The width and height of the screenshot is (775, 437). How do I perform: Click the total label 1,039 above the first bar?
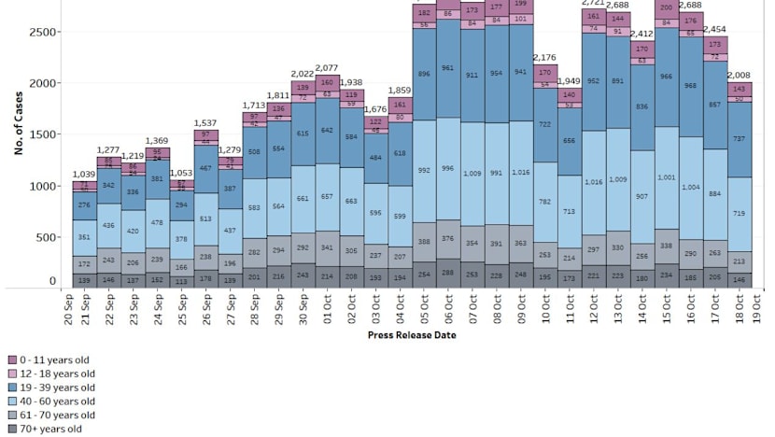coord(85,175)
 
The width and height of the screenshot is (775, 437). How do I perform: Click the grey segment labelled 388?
coord(425,242)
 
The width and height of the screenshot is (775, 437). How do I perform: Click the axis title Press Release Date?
coord(412,335)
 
